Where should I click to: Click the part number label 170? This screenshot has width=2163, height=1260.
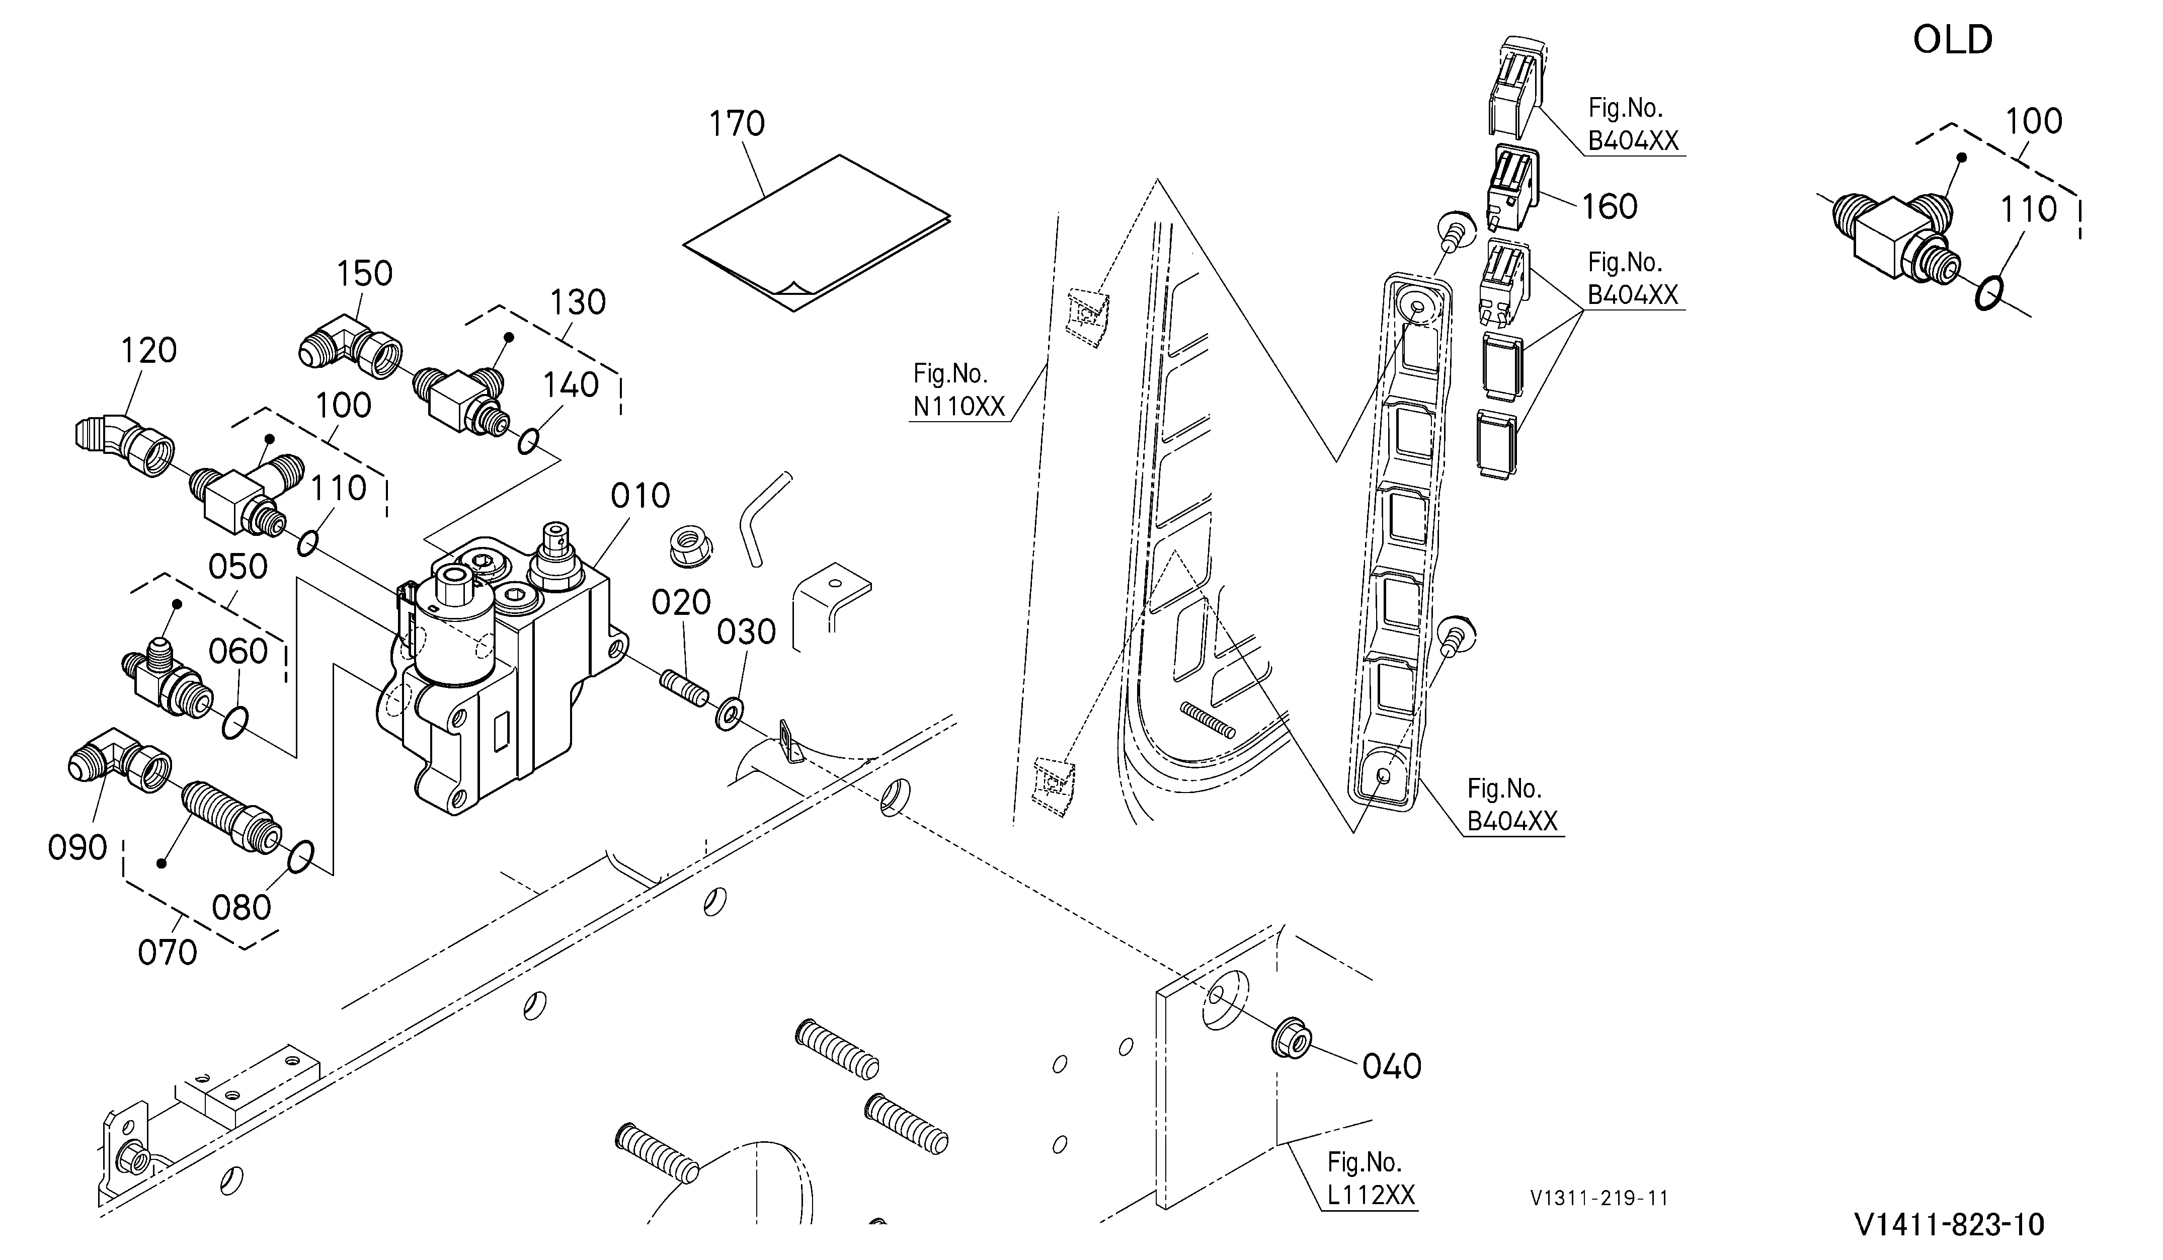[x=737, y=124]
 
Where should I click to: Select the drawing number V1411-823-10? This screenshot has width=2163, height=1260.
[x=1949, y=1224]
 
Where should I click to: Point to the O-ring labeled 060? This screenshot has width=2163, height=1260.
[x=235, y=723]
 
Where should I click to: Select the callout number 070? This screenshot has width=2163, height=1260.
[x=168, y=952]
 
